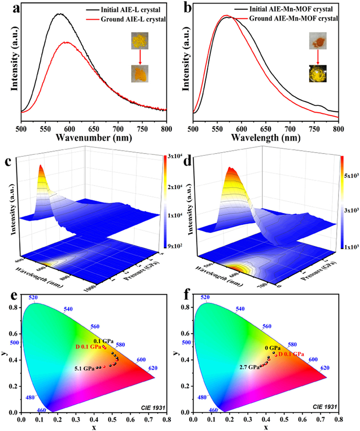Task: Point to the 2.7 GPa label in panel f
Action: pos(249,367)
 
